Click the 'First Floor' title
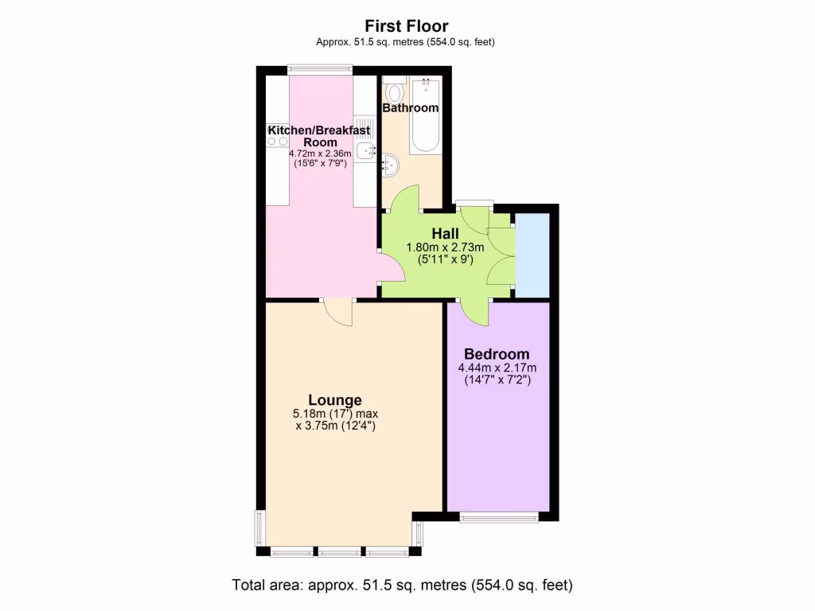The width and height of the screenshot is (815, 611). click(x=407, y=26)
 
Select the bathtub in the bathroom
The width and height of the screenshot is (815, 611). click(x=425, y=115)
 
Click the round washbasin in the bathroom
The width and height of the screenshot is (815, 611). click(x=390, y=165)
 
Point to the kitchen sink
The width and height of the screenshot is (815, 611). click(x=365, y=151)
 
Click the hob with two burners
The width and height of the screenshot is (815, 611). click(x=278, y=142)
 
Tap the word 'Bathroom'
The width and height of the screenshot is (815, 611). click(x=411, y=107)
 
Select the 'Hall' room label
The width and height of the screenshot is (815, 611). click(x=445, y=233)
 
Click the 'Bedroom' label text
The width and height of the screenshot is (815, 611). click(x=497, y=354)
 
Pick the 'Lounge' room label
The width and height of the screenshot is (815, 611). click(x=335, y=400)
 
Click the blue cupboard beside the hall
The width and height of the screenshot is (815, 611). click(x=532, y=254)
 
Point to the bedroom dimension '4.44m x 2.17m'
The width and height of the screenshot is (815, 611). click(x=497, y=368)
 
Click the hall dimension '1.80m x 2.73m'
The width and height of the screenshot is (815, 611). click(x=445, y=247)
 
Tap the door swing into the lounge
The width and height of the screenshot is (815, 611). click(x=339, y=312)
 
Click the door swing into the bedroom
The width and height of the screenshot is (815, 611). click(x=475, y=313)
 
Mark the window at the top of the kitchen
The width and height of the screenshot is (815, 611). click(x=319, y=68)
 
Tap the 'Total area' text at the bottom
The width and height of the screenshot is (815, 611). click(x=402, y=585)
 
